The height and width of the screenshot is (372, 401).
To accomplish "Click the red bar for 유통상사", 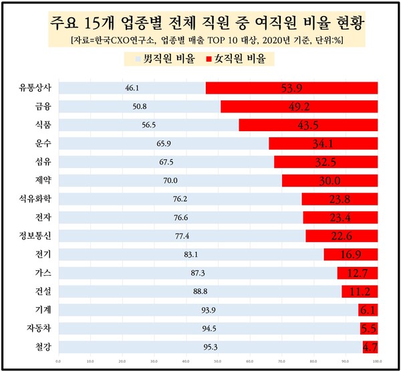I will tap(291, 88).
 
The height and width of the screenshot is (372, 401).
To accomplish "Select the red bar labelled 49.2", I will tap(299, 106).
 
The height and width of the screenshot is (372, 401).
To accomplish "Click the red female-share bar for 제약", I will tap(329, 181).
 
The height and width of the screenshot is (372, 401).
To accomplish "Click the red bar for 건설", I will tap(360, 291).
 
